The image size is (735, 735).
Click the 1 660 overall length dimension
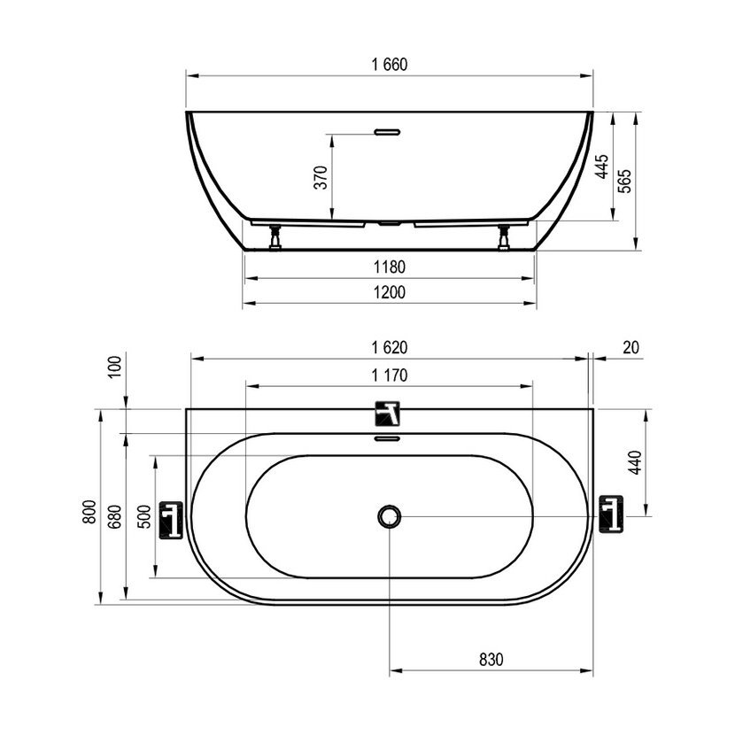390,65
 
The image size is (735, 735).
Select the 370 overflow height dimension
321,177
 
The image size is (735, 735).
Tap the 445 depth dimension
602,166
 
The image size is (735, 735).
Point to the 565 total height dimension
624,181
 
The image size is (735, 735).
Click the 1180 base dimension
390,267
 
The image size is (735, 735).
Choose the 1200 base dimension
390,292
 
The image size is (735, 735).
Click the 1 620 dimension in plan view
390,348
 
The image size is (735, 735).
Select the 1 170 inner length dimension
390,375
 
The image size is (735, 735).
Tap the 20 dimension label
631,348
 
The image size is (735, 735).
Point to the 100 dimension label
114,367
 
